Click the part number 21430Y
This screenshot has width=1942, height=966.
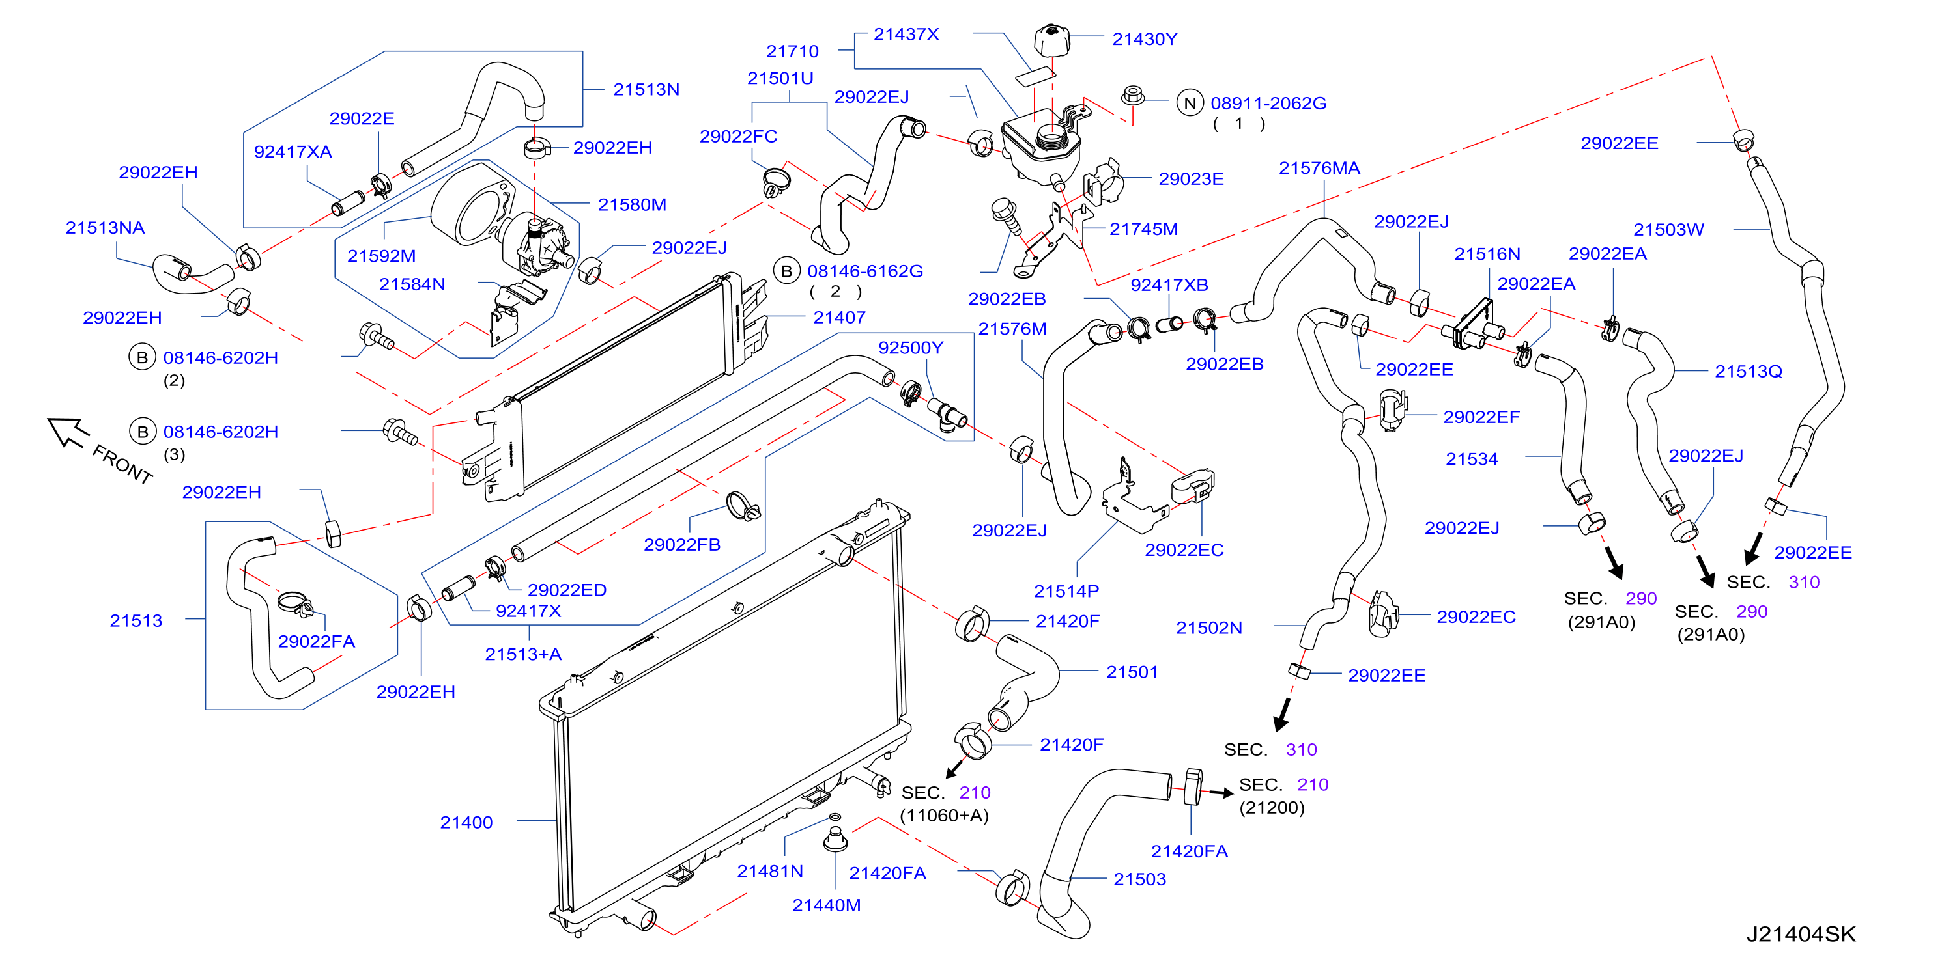(1145, 39)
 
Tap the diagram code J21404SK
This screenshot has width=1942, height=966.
(1801, 934)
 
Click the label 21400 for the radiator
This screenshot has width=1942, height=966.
(466, 822)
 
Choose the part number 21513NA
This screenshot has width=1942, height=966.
(105, 228)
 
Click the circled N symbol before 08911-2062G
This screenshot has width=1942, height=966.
(1190, 103)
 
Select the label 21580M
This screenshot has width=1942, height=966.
(632, 204)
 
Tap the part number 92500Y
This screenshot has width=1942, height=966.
(911, 348)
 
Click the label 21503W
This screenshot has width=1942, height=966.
(1668, 230)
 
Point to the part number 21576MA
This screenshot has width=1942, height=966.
(1319, 168)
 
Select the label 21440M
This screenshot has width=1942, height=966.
(826, 905)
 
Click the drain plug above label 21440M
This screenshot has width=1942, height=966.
(835, 838)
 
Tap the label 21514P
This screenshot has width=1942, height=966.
(1066, 591)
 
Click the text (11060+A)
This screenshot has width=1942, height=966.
(944, 815)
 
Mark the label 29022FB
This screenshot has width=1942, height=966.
(681, 544)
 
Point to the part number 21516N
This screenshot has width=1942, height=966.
(1487, 254)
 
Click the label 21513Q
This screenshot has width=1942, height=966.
(1749, 372)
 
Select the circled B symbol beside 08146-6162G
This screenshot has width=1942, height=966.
(786, 271)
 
